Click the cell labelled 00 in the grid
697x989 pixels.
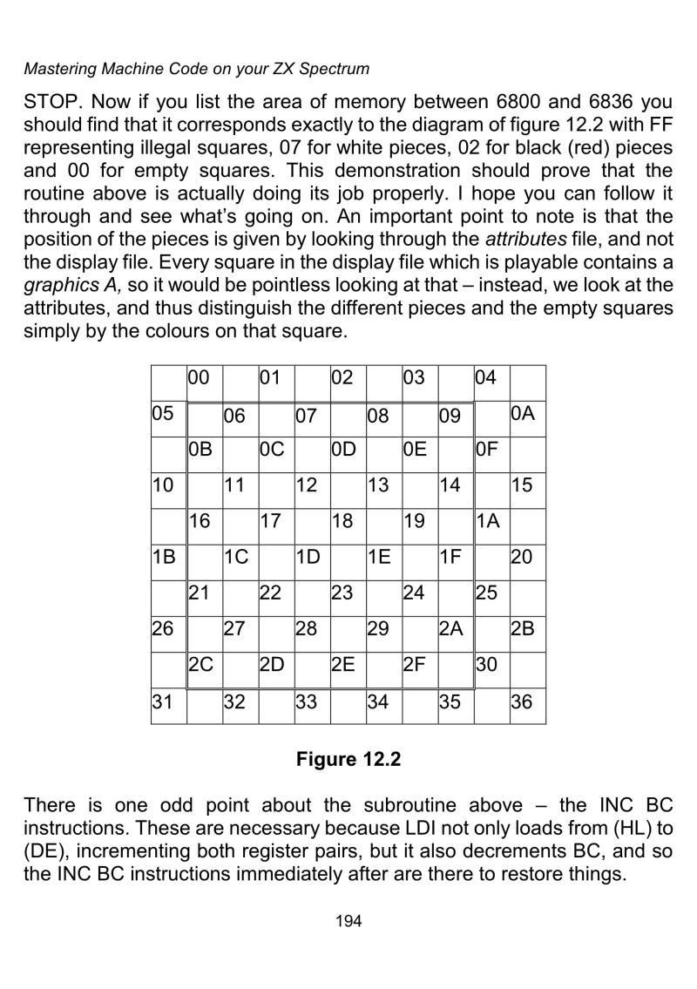[x=205, y=383]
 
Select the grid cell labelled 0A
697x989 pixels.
[x=527, y=418]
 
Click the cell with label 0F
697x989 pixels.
[x=491, y=455]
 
